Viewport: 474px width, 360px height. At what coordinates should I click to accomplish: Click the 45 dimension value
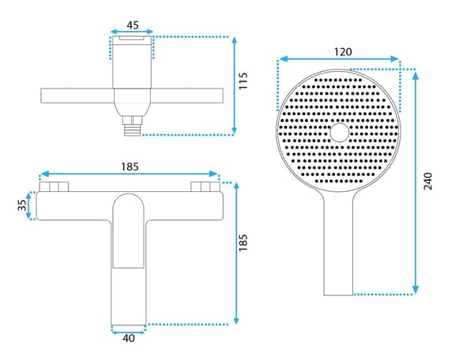(133, 25)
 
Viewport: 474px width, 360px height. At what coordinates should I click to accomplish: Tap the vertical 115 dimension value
(243, 81)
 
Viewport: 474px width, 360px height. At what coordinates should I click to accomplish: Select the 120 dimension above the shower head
(343, 52)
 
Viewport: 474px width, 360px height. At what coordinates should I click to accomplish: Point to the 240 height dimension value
(427, 181)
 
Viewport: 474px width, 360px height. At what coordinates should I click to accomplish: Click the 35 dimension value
(22, 205)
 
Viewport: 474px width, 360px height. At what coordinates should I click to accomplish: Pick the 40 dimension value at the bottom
(129, 338)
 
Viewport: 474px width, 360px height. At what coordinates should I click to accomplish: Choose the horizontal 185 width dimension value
(130, 167)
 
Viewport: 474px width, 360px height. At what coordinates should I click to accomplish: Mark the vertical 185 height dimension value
(243, 242)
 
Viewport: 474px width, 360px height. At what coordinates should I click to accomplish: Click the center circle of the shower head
(339, 133)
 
